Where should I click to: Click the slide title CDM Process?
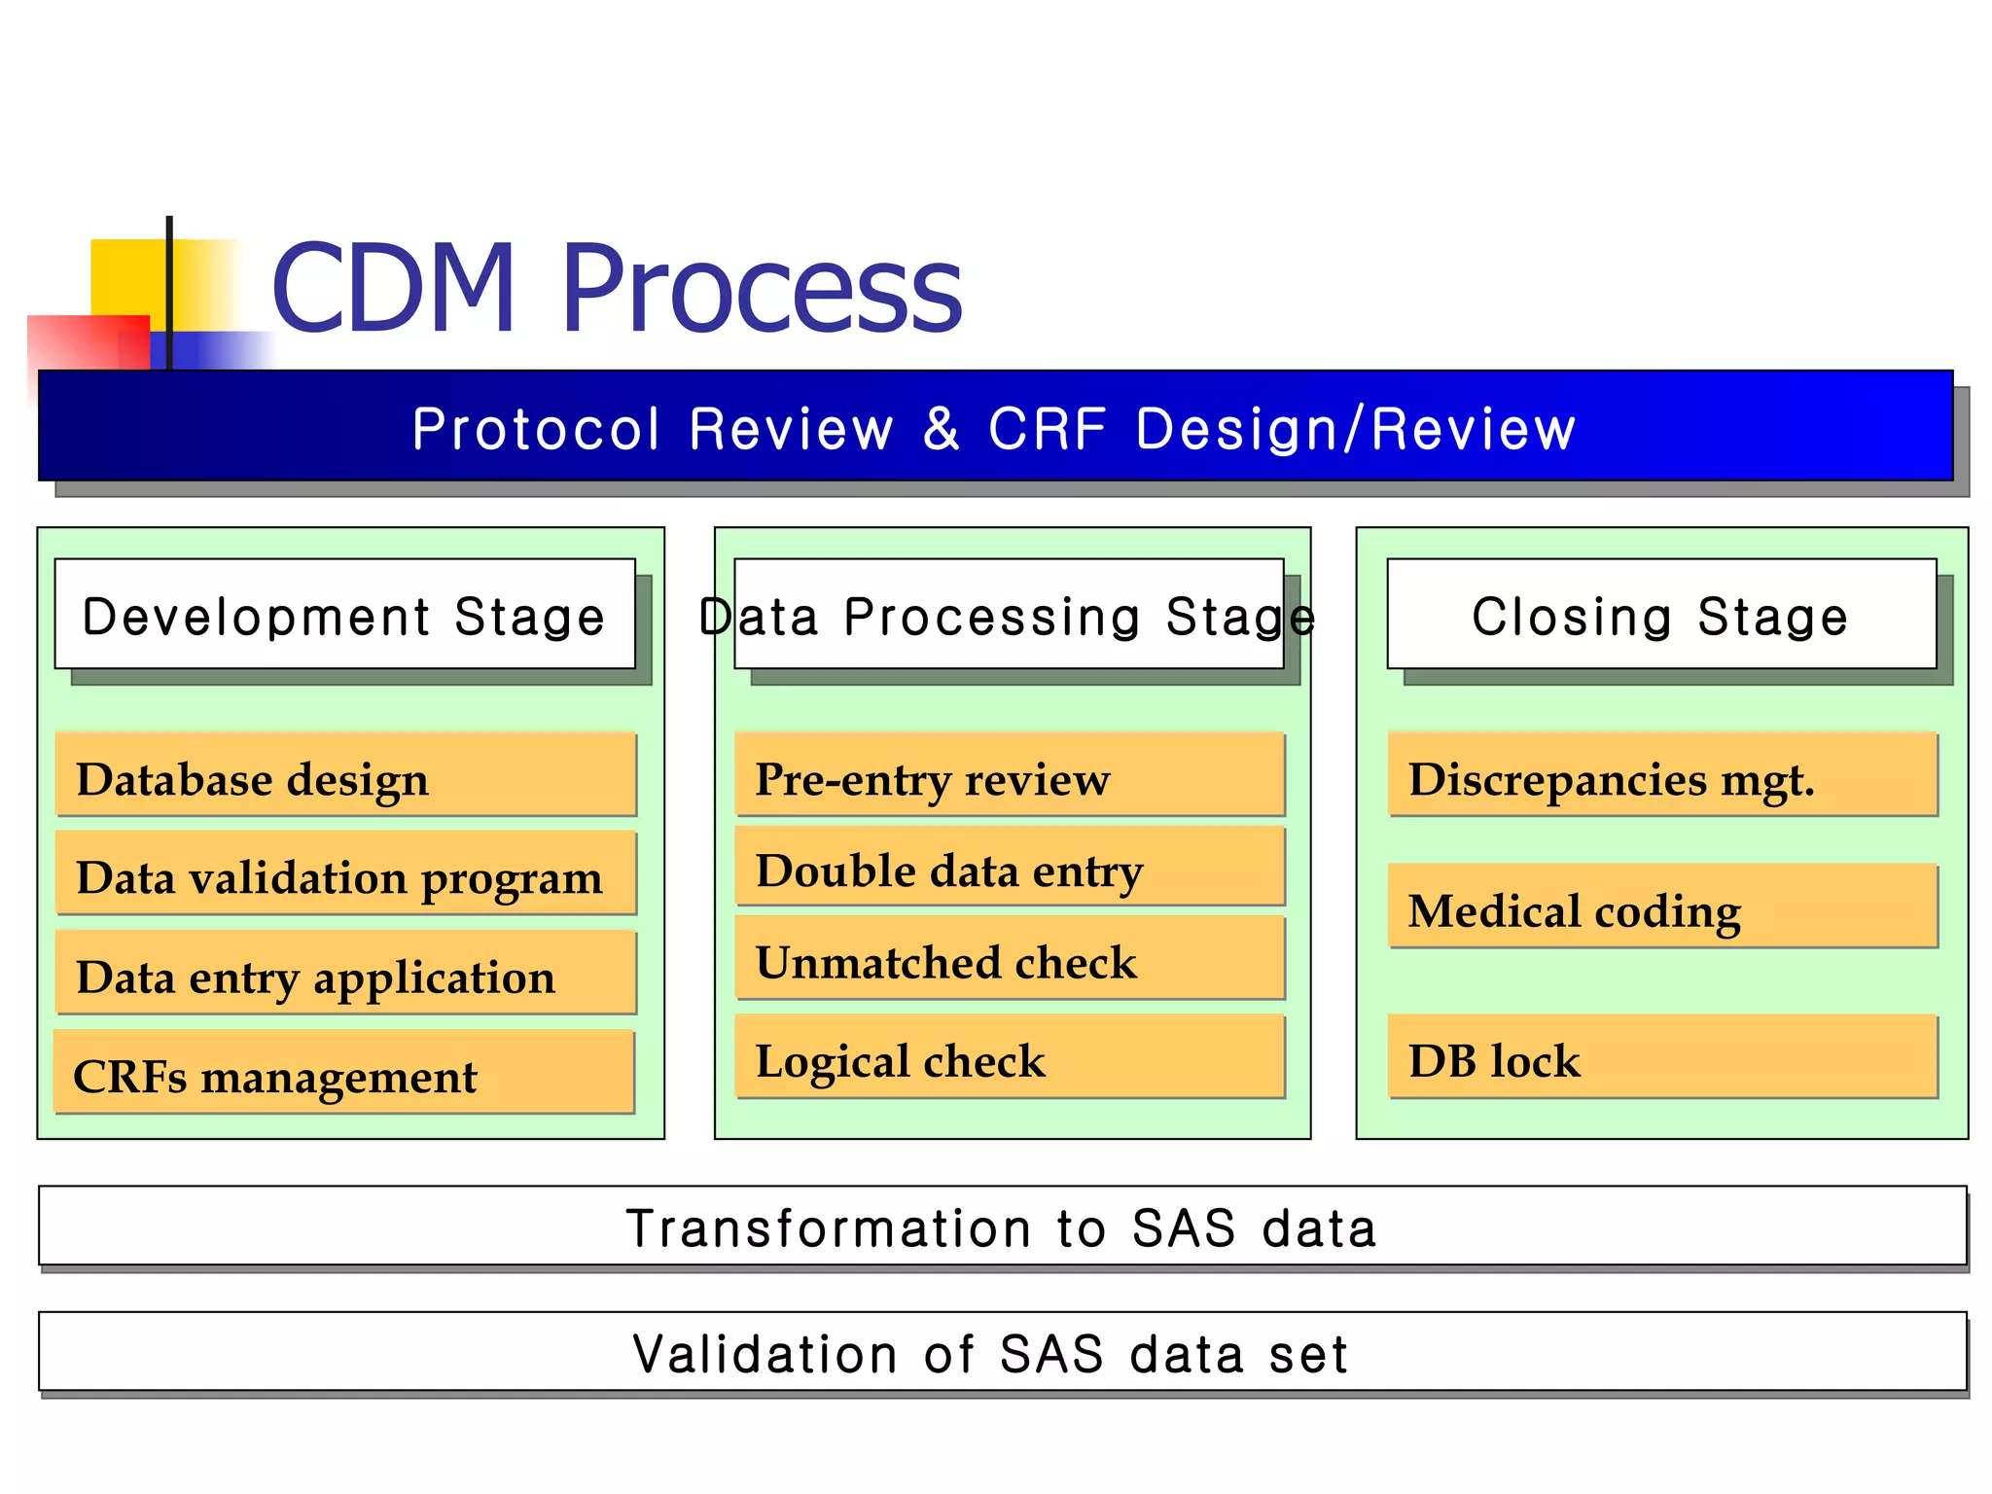(617, 289)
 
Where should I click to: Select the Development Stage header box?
(344, 615)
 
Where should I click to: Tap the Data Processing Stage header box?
(1009, 615)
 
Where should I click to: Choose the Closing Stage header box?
(1661, 615)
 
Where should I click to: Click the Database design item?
(345, 776)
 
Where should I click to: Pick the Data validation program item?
(345, 874)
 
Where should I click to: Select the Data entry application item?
(345, 974)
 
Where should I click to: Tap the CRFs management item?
(343, 1073)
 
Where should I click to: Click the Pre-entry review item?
(1010, 776)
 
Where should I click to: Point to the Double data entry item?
(1010, 868)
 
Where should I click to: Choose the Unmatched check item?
(1010, 960)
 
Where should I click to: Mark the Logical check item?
(1010, 1058)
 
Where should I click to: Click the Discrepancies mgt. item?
(1662, 776)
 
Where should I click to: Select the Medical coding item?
(1662, 907)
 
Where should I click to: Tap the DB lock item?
(1662, 1058)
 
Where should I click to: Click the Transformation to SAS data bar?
(1002, 1226)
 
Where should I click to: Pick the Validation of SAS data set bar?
(1002, 1352)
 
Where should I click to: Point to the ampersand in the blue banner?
(941, 428)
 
